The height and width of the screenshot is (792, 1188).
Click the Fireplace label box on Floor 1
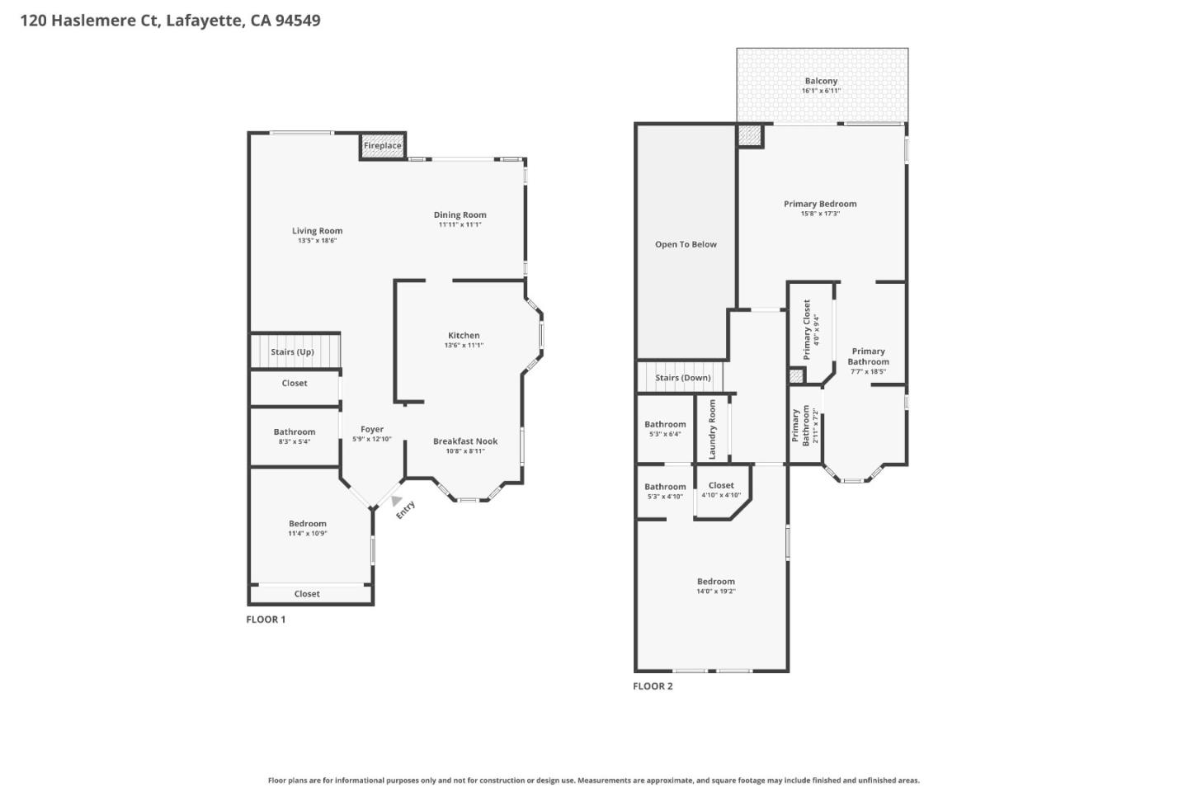[383, 146]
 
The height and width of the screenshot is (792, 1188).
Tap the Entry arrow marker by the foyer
[397, 501]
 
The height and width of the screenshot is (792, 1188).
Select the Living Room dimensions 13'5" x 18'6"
[317, 241]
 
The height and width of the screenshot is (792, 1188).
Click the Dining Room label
[460, 214]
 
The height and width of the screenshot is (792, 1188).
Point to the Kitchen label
[464, 335]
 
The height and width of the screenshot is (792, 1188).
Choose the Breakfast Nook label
[465, 441]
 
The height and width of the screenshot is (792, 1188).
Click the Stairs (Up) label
[292, 352]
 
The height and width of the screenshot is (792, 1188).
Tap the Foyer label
[372, 429]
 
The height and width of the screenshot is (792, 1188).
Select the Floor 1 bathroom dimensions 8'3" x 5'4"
[295, 441]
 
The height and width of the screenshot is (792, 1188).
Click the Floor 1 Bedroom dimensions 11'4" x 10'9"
[308, 534]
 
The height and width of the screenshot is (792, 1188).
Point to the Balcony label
[821, 81]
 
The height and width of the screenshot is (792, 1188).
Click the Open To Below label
[686, 244]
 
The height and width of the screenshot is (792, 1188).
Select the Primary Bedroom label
[820, 204]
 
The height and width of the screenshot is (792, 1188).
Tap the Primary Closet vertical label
[807, 329]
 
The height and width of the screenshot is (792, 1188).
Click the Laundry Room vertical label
[713, 430]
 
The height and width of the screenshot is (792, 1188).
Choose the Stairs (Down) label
[683, 378]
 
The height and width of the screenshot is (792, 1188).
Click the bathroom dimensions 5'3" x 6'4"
[665, 434]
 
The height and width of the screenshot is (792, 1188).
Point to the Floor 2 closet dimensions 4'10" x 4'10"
[721, 496]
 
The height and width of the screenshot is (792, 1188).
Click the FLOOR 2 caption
[653, 686]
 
